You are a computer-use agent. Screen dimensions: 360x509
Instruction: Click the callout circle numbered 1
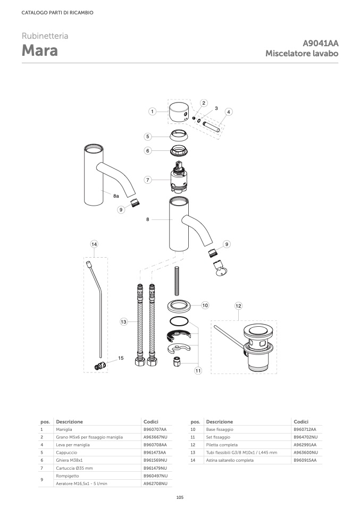click(x=152, y=112)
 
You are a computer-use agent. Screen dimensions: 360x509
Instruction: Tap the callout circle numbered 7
click(x=148, y=180)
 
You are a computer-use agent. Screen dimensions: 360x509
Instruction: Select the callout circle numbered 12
click(x=238, y=306)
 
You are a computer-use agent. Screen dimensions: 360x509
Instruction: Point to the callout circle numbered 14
click(x=94, y=244)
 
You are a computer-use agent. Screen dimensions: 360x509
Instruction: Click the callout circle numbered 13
click(x=123, y=322)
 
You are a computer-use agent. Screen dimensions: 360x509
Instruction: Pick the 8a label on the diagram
click(x=116, y=196)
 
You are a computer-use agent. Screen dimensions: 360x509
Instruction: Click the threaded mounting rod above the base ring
click(x=177, y=281)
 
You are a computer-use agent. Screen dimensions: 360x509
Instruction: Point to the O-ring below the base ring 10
click(x=179, y=321)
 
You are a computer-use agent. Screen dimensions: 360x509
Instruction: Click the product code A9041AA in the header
click(x=320, y=43)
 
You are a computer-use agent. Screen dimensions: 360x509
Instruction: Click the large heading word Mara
click(x=40, y=50)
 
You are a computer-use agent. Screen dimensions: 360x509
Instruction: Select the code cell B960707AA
click(x=155, y=429)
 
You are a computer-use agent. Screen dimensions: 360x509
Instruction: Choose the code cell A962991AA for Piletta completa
click(x=305, y=445)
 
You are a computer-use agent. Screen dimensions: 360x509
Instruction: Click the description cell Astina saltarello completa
click(x=230, y=460)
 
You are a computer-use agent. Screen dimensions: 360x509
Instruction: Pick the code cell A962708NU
click(x=156, y=483)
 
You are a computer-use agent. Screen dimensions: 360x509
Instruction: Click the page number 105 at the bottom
click(x=180, y=497)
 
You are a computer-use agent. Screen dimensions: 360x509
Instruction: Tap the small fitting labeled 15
click(x=100, y=366)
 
